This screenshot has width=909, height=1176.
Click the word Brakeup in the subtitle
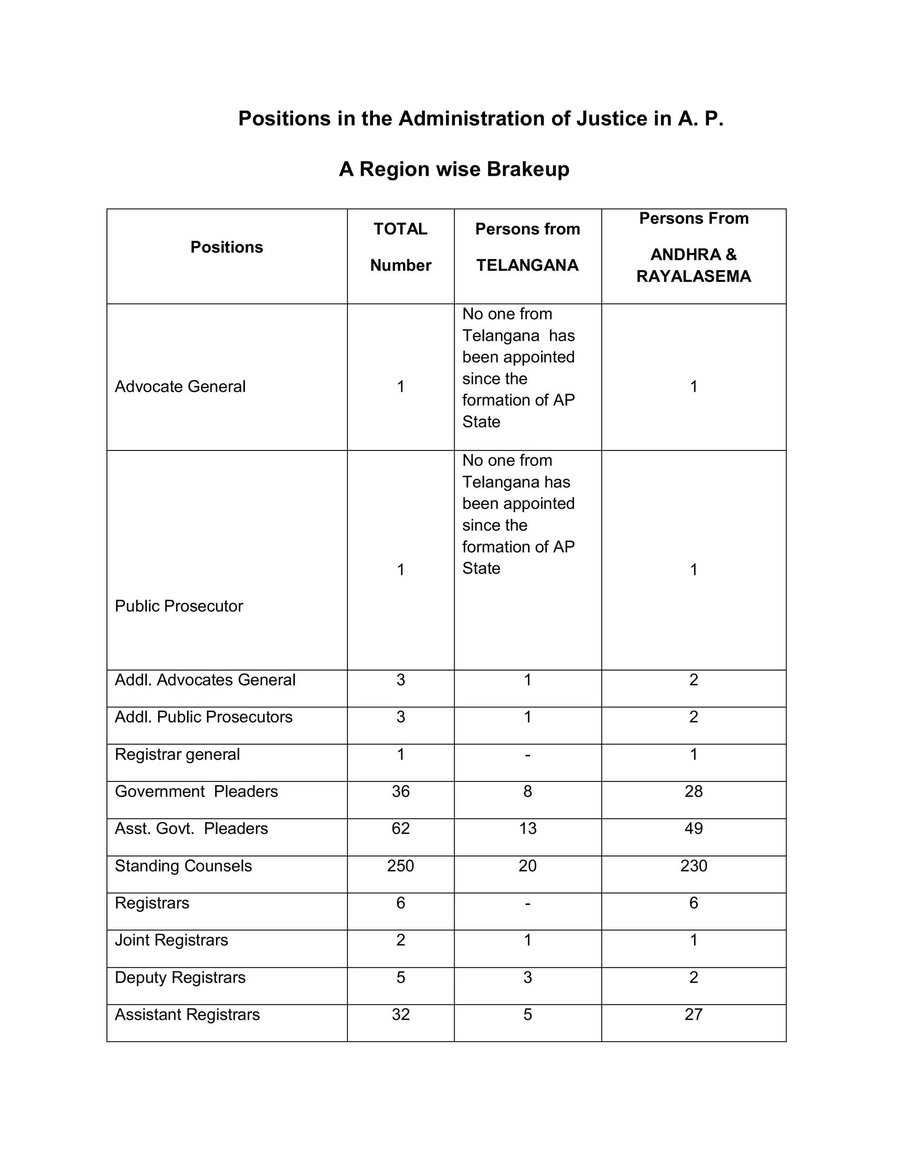pyautogui.click(x=528, y=170)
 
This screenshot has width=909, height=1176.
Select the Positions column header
pyautogui.click(x=227, y=247)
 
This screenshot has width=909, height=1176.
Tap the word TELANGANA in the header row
pyautogui.click(x=527, y=265)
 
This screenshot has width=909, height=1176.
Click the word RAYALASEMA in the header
pyautogui.click(x=694, y=276)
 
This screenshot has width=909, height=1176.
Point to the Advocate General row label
pyautogui.click(x=180, y=387)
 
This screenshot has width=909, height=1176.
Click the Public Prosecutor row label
pyautogui.click(x=179, y=606)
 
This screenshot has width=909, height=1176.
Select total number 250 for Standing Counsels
pyautogui.click(x=401, y=866)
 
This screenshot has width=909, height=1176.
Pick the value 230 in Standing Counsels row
pyautogui.click(x=694, y=866)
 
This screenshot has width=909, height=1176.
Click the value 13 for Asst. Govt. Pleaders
pyautogui.click(x=528, y=829)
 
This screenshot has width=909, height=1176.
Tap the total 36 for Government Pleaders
pyautogui.click(x=401, y=792)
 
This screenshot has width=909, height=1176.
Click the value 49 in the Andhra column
pyautogui.click(x=694, y=829)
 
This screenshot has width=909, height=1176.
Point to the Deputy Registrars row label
pyautogui.click(x=180, y=977)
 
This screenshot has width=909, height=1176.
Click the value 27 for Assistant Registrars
pyautogui.click(x=694, y=1014)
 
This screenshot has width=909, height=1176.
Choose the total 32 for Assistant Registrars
pyautogui.click(x=401, y=1014)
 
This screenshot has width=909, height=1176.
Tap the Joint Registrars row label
pyautogui.click(x=171, y=940)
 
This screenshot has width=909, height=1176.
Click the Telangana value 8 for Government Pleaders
pyautogui.click(x=528, y=792)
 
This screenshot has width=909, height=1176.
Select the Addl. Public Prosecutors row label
pyautogui.click(x=204, y=717)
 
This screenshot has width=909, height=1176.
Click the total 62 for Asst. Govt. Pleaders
pyautogui.click(x=401, y=829)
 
